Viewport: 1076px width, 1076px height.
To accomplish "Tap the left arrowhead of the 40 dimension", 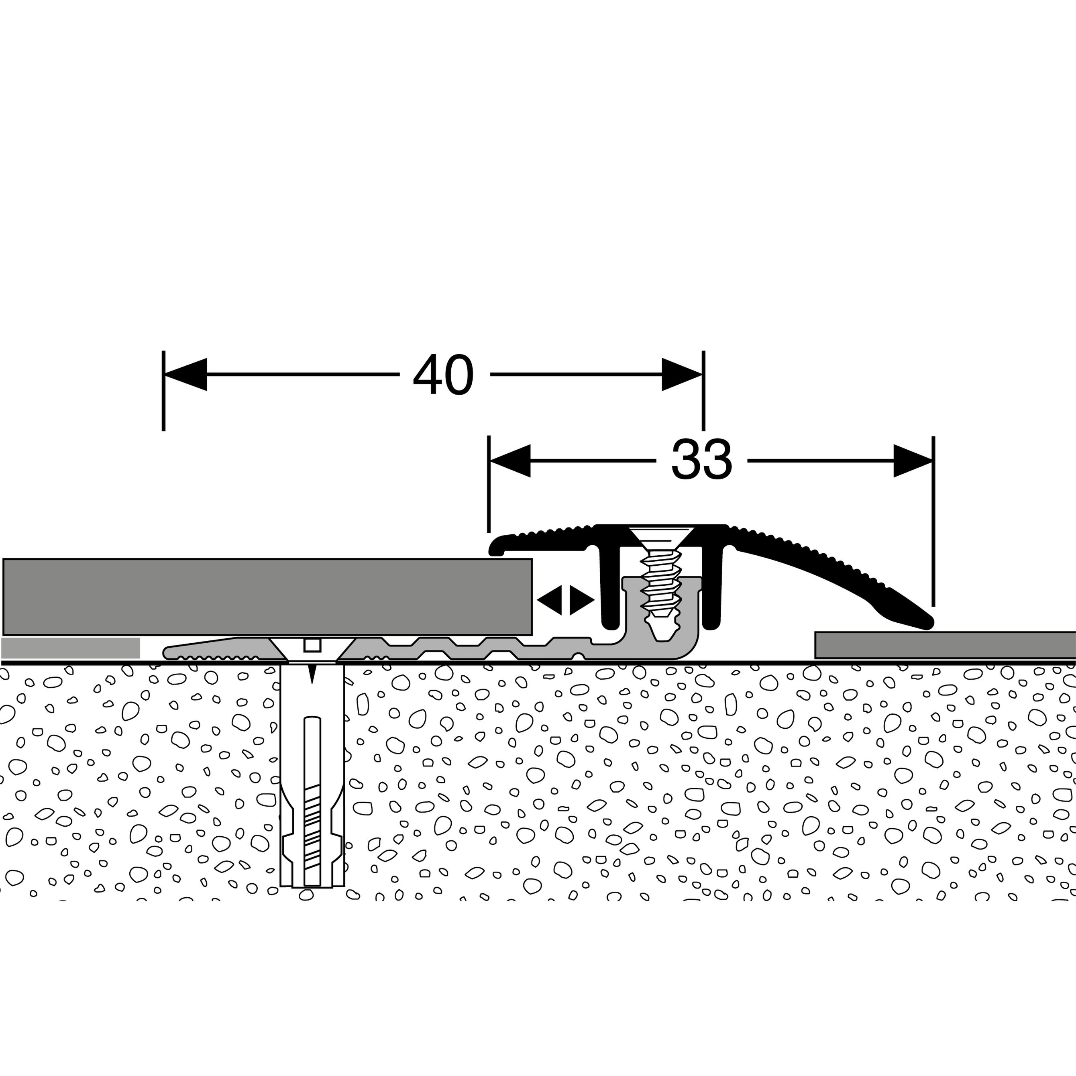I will click(x=185, y=374).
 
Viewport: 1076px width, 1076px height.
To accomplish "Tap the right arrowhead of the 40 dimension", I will click(x=682, y=374).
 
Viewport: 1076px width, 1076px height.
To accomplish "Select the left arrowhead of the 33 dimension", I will click(x=509, y=461).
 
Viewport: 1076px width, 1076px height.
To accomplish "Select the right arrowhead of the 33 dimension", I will click(x=913, y=461).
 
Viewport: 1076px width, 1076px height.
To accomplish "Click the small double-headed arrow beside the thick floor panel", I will click(x=565, y=600).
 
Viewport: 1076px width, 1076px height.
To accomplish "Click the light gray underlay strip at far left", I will click(x=70, y=648).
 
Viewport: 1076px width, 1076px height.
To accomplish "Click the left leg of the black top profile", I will click(x=610, y=590).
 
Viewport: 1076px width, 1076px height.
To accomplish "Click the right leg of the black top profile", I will click(x=712, y=590).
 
